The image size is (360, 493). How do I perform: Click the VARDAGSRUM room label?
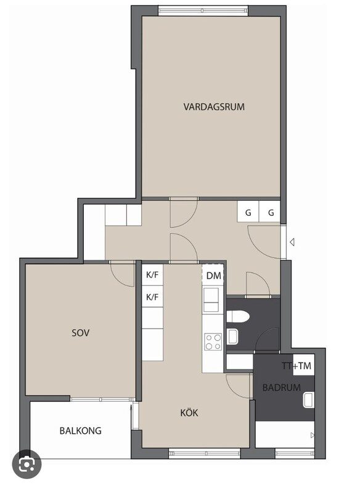(214, 107)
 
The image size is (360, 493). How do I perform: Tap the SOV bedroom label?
(81, 333)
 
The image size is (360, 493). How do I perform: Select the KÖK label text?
(189, 412)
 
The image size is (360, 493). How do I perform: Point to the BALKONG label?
(81, 430)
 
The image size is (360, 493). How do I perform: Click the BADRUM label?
(281, 388)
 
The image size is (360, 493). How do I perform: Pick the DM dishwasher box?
(213, 275)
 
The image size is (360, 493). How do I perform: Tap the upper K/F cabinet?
(152, 275)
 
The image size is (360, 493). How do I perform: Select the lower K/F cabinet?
(152, 296)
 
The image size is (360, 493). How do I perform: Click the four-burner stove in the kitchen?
(213, 342)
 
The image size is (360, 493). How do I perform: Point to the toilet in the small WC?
(238, 316)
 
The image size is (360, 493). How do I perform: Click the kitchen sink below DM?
(211, 299)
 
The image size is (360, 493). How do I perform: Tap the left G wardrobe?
(248, 213)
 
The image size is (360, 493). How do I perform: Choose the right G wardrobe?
(270, 213)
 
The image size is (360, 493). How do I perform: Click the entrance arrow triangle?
(292, 242)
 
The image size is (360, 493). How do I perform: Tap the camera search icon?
(27, 464)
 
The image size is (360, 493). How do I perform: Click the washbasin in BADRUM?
(308, 400)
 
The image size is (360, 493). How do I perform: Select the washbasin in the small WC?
(232, 336)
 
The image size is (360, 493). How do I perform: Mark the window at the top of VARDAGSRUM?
(203, 10)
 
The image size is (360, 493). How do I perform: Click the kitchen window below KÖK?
(205, 453)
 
